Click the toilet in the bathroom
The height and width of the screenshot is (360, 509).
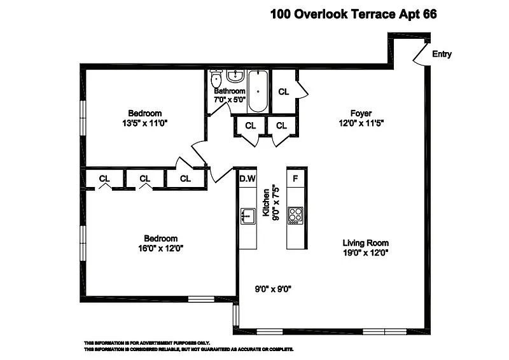(216, 77)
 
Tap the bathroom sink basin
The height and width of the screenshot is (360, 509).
(235, 76)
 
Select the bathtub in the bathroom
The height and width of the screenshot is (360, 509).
(258, 91)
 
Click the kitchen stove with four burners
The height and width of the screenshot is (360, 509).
(295, 216)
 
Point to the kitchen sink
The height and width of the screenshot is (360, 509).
(248, 216)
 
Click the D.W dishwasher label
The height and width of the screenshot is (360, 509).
(248, 179)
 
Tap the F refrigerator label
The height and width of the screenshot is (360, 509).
(295, 179)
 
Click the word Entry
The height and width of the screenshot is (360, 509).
(442, 54)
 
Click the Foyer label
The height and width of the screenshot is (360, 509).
(361, 113)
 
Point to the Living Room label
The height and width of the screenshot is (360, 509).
(365, 243)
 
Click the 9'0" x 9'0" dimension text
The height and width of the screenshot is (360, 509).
(273, 289)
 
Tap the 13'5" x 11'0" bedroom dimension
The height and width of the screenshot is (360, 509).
(145, 123)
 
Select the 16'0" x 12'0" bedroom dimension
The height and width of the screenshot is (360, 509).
(161, 248)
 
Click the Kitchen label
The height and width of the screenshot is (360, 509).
(266, 202)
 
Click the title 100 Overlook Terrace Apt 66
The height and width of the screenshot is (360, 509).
(354, 14)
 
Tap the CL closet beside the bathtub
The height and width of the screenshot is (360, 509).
(283, 92)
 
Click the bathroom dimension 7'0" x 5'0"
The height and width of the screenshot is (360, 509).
(230, 100)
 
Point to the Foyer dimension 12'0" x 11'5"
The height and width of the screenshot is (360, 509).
(361, 123)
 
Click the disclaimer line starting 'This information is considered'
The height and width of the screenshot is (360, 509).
(189, 349)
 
